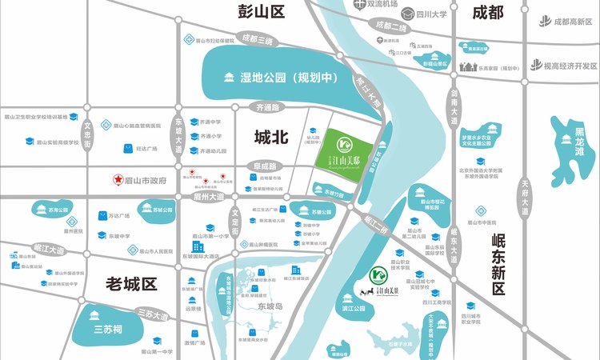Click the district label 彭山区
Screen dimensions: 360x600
(x=262, y=12)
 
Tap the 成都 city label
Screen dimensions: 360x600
(x=488, y=12)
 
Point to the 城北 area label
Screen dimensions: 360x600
(x=270, y=137)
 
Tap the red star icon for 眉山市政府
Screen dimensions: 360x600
(x=116, y=180)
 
